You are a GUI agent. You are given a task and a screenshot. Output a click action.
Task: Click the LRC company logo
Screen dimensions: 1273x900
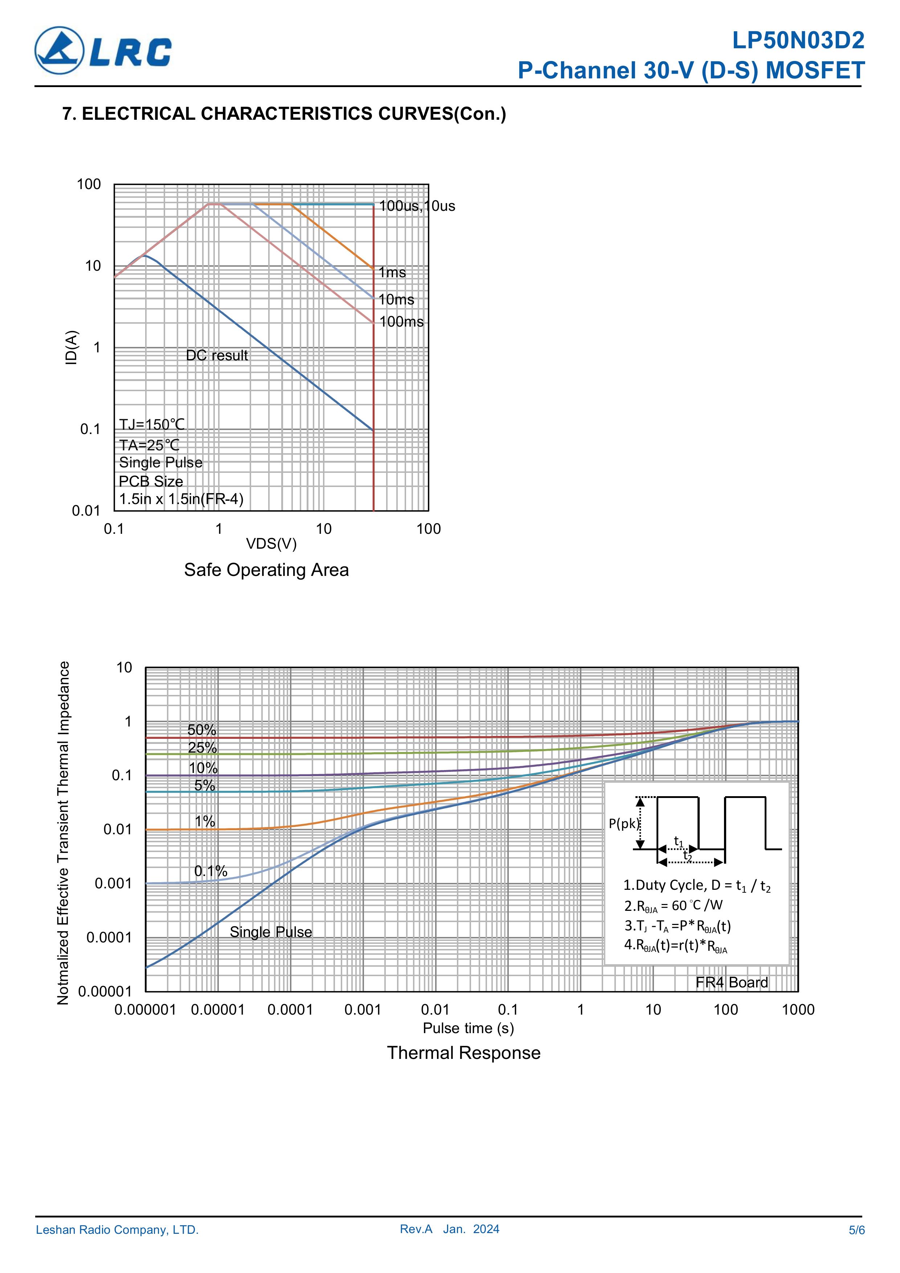103,51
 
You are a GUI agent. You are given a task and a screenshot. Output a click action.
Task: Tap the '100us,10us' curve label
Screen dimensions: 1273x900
417,206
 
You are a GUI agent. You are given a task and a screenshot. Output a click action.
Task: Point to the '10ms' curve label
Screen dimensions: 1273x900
397,300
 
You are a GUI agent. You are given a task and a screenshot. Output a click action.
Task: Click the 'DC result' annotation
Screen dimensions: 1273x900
217,355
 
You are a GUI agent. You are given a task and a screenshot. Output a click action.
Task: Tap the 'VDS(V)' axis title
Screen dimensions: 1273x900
271,544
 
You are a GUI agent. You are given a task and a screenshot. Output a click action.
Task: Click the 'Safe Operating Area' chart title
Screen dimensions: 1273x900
266,570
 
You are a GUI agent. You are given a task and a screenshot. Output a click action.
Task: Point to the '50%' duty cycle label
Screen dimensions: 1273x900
202,730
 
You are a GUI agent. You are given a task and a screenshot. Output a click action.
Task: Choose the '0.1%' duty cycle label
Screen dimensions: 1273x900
211,871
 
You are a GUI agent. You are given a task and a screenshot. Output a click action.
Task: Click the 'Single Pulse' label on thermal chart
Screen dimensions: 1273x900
271,932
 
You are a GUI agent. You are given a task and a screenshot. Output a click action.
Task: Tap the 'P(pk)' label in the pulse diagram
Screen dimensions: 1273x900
624,823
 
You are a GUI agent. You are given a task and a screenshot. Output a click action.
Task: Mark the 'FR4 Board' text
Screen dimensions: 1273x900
731,982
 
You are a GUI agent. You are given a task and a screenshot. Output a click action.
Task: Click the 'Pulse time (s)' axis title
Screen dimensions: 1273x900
468,1028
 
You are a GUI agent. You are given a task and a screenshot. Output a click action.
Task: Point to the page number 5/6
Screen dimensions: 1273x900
856,1230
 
